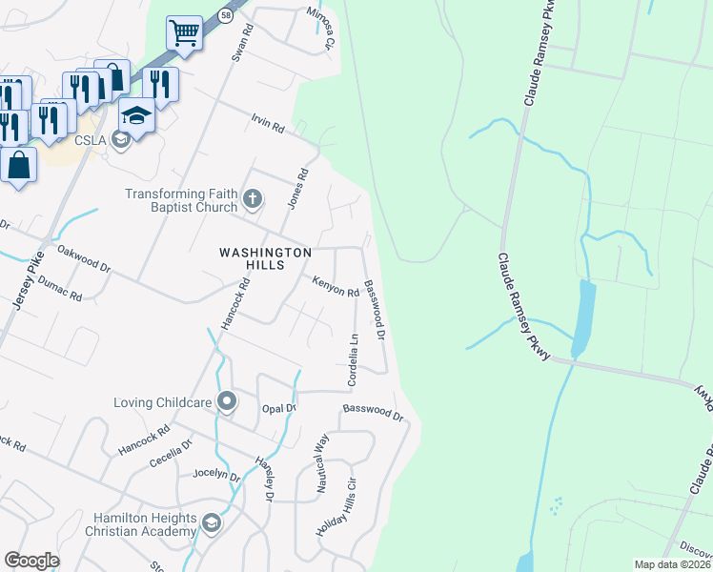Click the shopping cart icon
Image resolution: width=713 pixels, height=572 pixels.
(184, 33)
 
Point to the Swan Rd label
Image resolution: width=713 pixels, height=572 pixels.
(244, 43)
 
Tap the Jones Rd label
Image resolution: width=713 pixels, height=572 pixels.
(299, 189)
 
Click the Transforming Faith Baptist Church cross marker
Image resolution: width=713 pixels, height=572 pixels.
(252, 199)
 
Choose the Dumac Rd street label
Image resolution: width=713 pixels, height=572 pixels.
(61, 293)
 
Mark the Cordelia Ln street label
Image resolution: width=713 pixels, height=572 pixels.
(353, 359)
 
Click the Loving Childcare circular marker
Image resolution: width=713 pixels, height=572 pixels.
(226, 401)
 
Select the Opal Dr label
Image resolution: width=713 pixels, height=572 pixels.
(280, 408)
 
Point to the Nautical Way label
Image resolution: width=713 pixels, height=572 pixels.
(322, 462)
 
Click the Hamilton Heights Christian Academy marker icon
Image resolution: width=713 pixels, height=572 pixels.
(212, 522)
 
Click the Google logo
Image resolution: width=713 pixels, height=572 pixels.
(32, 561)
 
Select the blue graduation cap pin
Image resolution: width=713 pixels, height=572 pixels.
(136, 115)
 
